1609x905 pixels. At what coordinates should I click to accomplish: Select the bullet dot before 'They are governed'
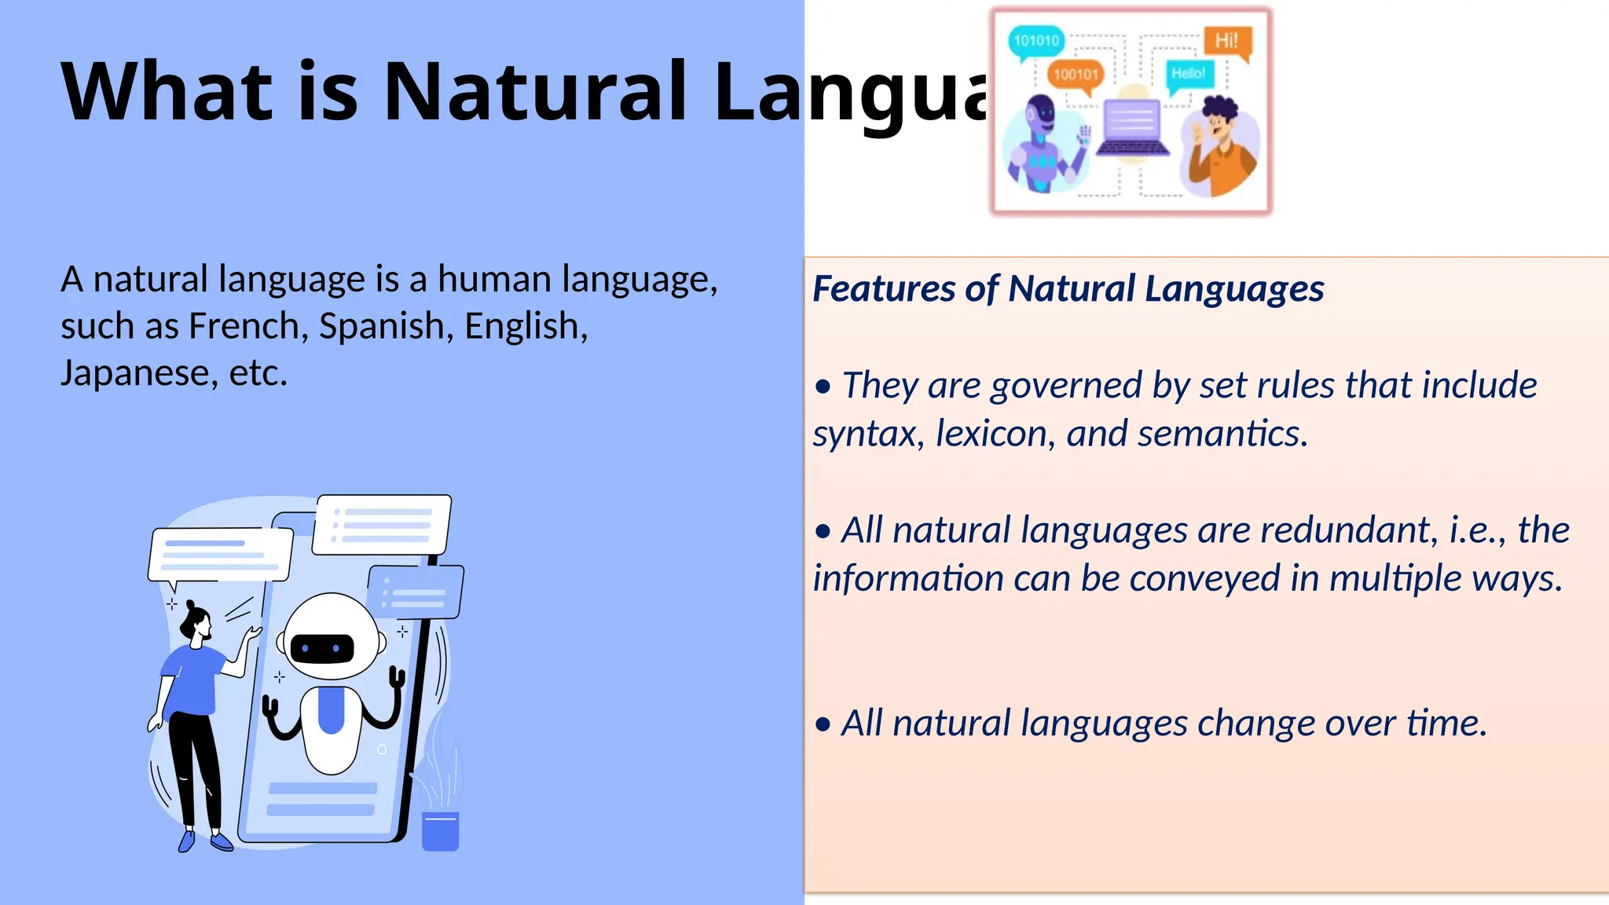pyautogui.click(x=823, y=387)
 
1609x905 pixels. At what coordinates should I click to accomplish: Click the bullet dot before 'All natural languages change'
pyautogui.click(x=823, y=724)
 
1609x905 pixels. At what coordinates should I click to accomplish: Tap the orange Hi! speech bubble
pyautogui.click(x=1226, y=41)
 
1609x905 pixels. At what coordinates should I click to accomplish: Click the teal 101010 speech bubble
pyautogui.click(x=1036, y=41)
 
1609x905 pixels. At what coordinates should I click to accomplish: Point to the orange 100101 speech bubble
pyautogui.click(x=1076, y=75)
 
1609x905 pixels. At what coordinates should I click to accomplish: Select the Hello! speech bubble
pyautogui.click(x=1188, y=74)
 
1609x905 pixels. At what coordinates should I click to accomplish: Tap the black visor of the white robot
pyautogui.click(x=322, y=648)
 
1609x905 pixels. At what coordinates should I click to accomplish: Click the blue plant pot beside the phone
pyautogui.click(x=440, y=831)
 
